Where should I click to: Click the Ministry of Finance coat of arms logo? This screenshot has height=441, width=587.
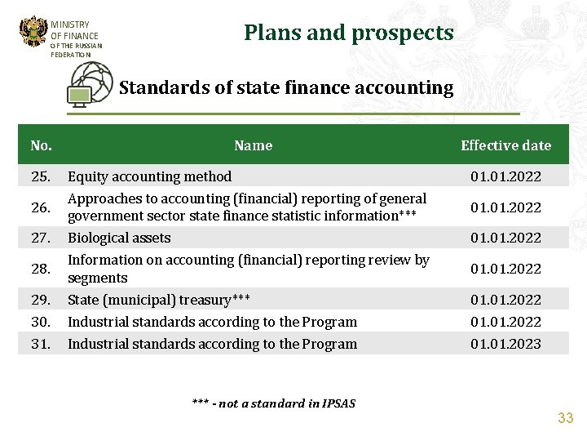click(33, 33)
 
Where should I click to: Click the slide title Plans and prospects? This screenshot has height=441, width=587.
click(348, 33)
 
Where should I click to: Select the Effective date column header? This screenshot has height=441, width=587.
click(505, 145)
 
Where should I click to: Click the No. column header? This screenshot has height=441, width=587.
click(41, 145)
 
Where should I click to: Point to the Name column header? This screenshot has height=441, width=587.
click(253, 145)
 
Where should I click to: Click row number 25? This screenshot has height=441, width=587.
click(41, 176)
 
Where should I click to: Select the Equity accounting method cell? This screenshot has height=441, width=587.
click(149, 176)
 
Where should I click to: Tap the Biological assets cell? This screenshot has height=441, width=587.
click(119, 238)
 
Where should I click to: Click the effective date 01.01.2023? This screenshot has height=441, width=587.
click(505, 344)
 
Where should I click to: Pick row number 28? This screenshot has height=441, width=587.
click(41, 269)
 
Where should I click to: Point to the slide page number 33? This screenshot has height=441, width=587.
click(565, 418)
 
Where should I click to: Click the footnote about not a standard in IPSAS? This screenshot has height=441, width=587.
click(274, 403)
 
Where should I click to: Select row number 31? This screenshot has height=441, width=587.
click(41, 344)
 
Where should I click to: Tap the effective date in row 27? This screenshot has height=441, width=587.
click(505, 238)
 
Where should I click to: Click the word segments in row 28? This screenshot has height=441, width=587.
click(97, 278)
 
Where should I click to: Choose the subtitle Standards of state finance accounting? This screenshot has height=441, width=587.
click(286, 87)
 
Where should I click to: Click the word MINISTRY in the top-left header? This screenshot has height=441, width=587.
click(70, 24)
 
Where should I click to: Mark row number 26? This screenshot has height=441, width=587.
click(41, 207)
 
